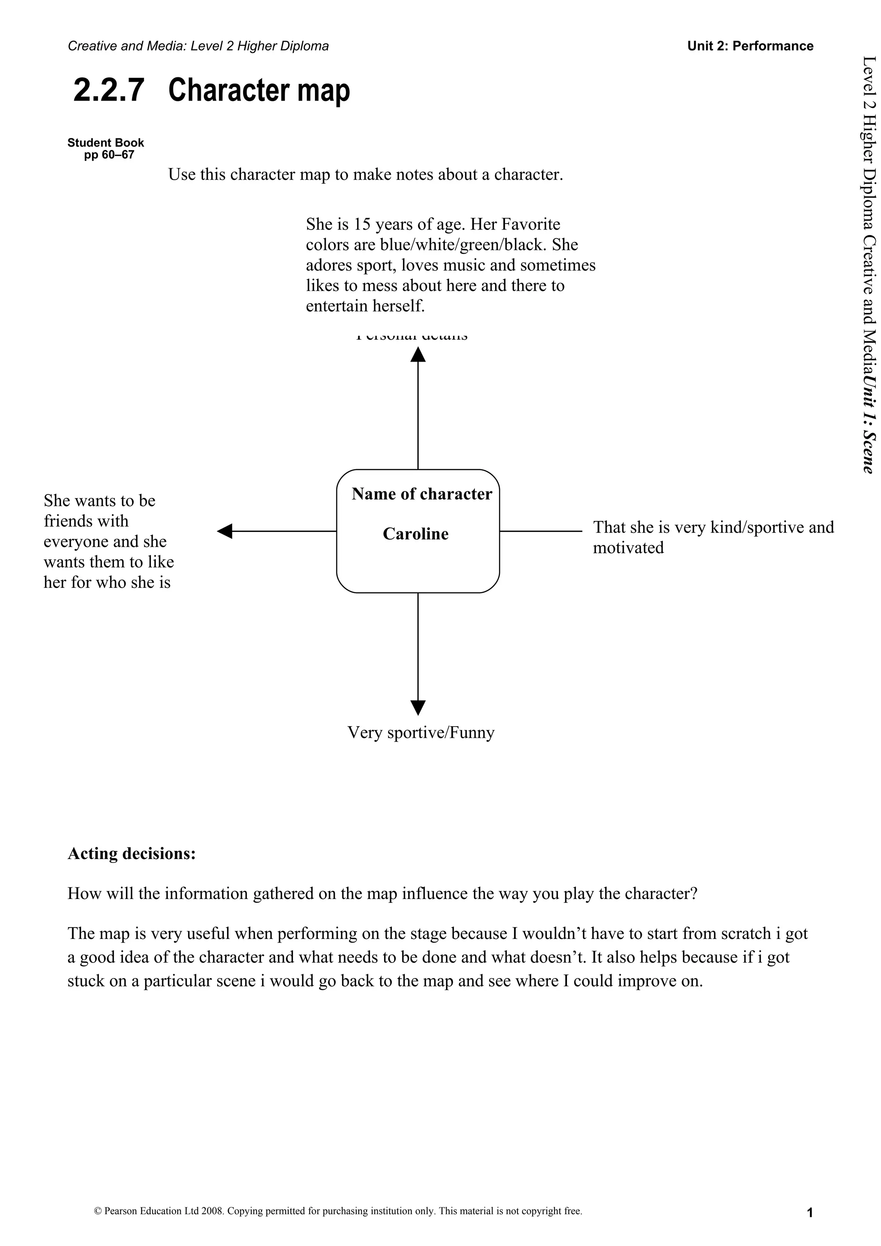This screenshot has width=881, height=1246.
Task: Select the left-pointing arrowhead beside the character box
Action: click(225, 531)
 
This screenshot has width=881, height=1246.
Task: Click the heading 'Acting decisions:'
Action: click(131, 853)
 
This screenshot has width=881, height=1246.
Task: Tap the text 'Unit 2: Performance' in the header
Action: click(750, 46)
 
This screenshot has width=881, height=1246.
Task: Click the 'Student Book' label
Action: click(106, 143)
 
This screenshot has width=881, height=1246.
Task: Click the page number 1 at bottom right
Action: click(809, 1213)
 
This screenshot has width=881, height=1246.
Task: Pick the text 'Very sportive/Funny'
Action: click(421, 733)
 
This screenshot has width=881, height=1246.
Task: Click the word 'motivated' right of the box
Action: click(628, 548)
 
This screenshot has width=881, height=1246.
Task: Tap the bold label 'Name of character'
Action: click(422, 494)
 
